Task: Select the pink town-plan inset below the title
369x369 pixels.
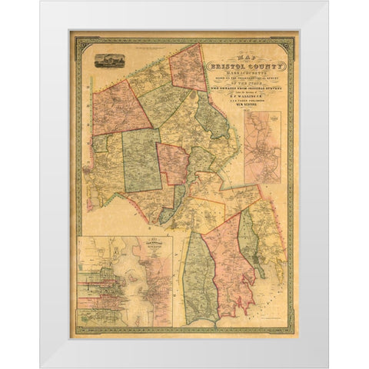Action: [x=263, y=147]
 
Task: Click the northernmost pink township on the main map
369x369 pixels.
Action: [x=188, y=70]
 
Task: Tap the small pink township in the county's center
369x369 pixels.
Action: [x=173, y=163]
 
